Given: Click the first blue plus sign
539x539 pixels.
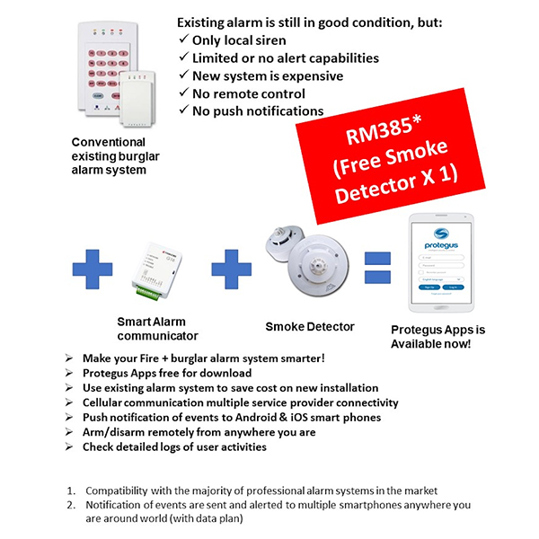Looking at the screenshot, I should click(93, 267).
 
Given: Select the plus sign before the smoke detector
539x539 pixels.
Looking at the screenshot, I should click(232, 267).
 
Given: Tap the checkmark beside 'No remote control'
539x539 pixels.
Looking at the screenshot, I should click(184, 93).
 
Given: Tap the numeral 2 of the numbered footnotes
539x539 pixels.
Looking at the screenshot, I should click(71, 506).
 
